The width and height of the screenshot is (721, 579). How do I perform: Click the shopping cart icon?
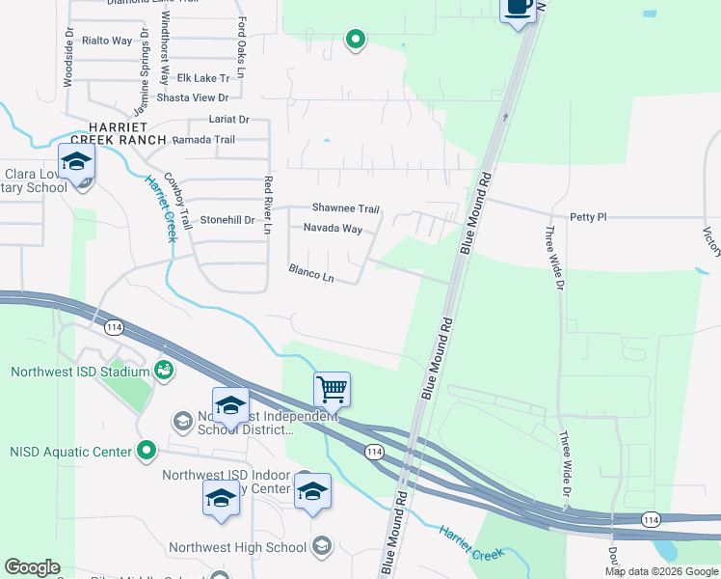coord(332,390)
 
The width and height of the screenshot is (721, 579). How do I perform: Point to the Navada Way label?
coord(333,229)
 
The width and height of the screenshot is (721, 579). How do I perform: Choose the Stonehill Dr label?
coord(227,220)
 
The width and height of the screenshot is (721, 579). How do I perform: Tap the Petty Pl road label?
coord(588,217)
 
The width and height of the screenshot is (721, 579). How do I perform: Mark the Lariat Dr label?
coord(229,120)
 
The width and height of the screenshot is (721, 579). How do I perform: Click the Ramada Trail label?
coord(204,140)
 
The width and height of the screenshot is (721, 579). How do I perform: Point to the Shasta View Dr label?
coord(194,97)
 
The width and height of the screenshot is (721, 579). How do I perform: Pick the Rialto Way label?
coord(107,41)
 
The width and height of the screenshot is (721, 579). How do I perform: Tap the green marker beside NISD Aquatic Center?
coord(146,449)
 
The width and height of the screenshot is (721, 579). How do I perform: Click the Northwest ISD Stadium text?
coord(80,372)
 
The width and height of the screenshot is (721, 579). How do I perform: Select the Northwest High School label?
coord(237,547)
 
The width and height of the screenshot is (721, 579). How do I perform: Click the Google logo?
coord(32,567)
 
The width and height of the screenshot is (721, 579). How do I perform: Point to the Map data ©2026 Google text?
coord(660,571)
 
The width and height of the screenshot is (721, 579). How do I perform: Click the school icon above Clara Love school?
coord(76,161)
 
